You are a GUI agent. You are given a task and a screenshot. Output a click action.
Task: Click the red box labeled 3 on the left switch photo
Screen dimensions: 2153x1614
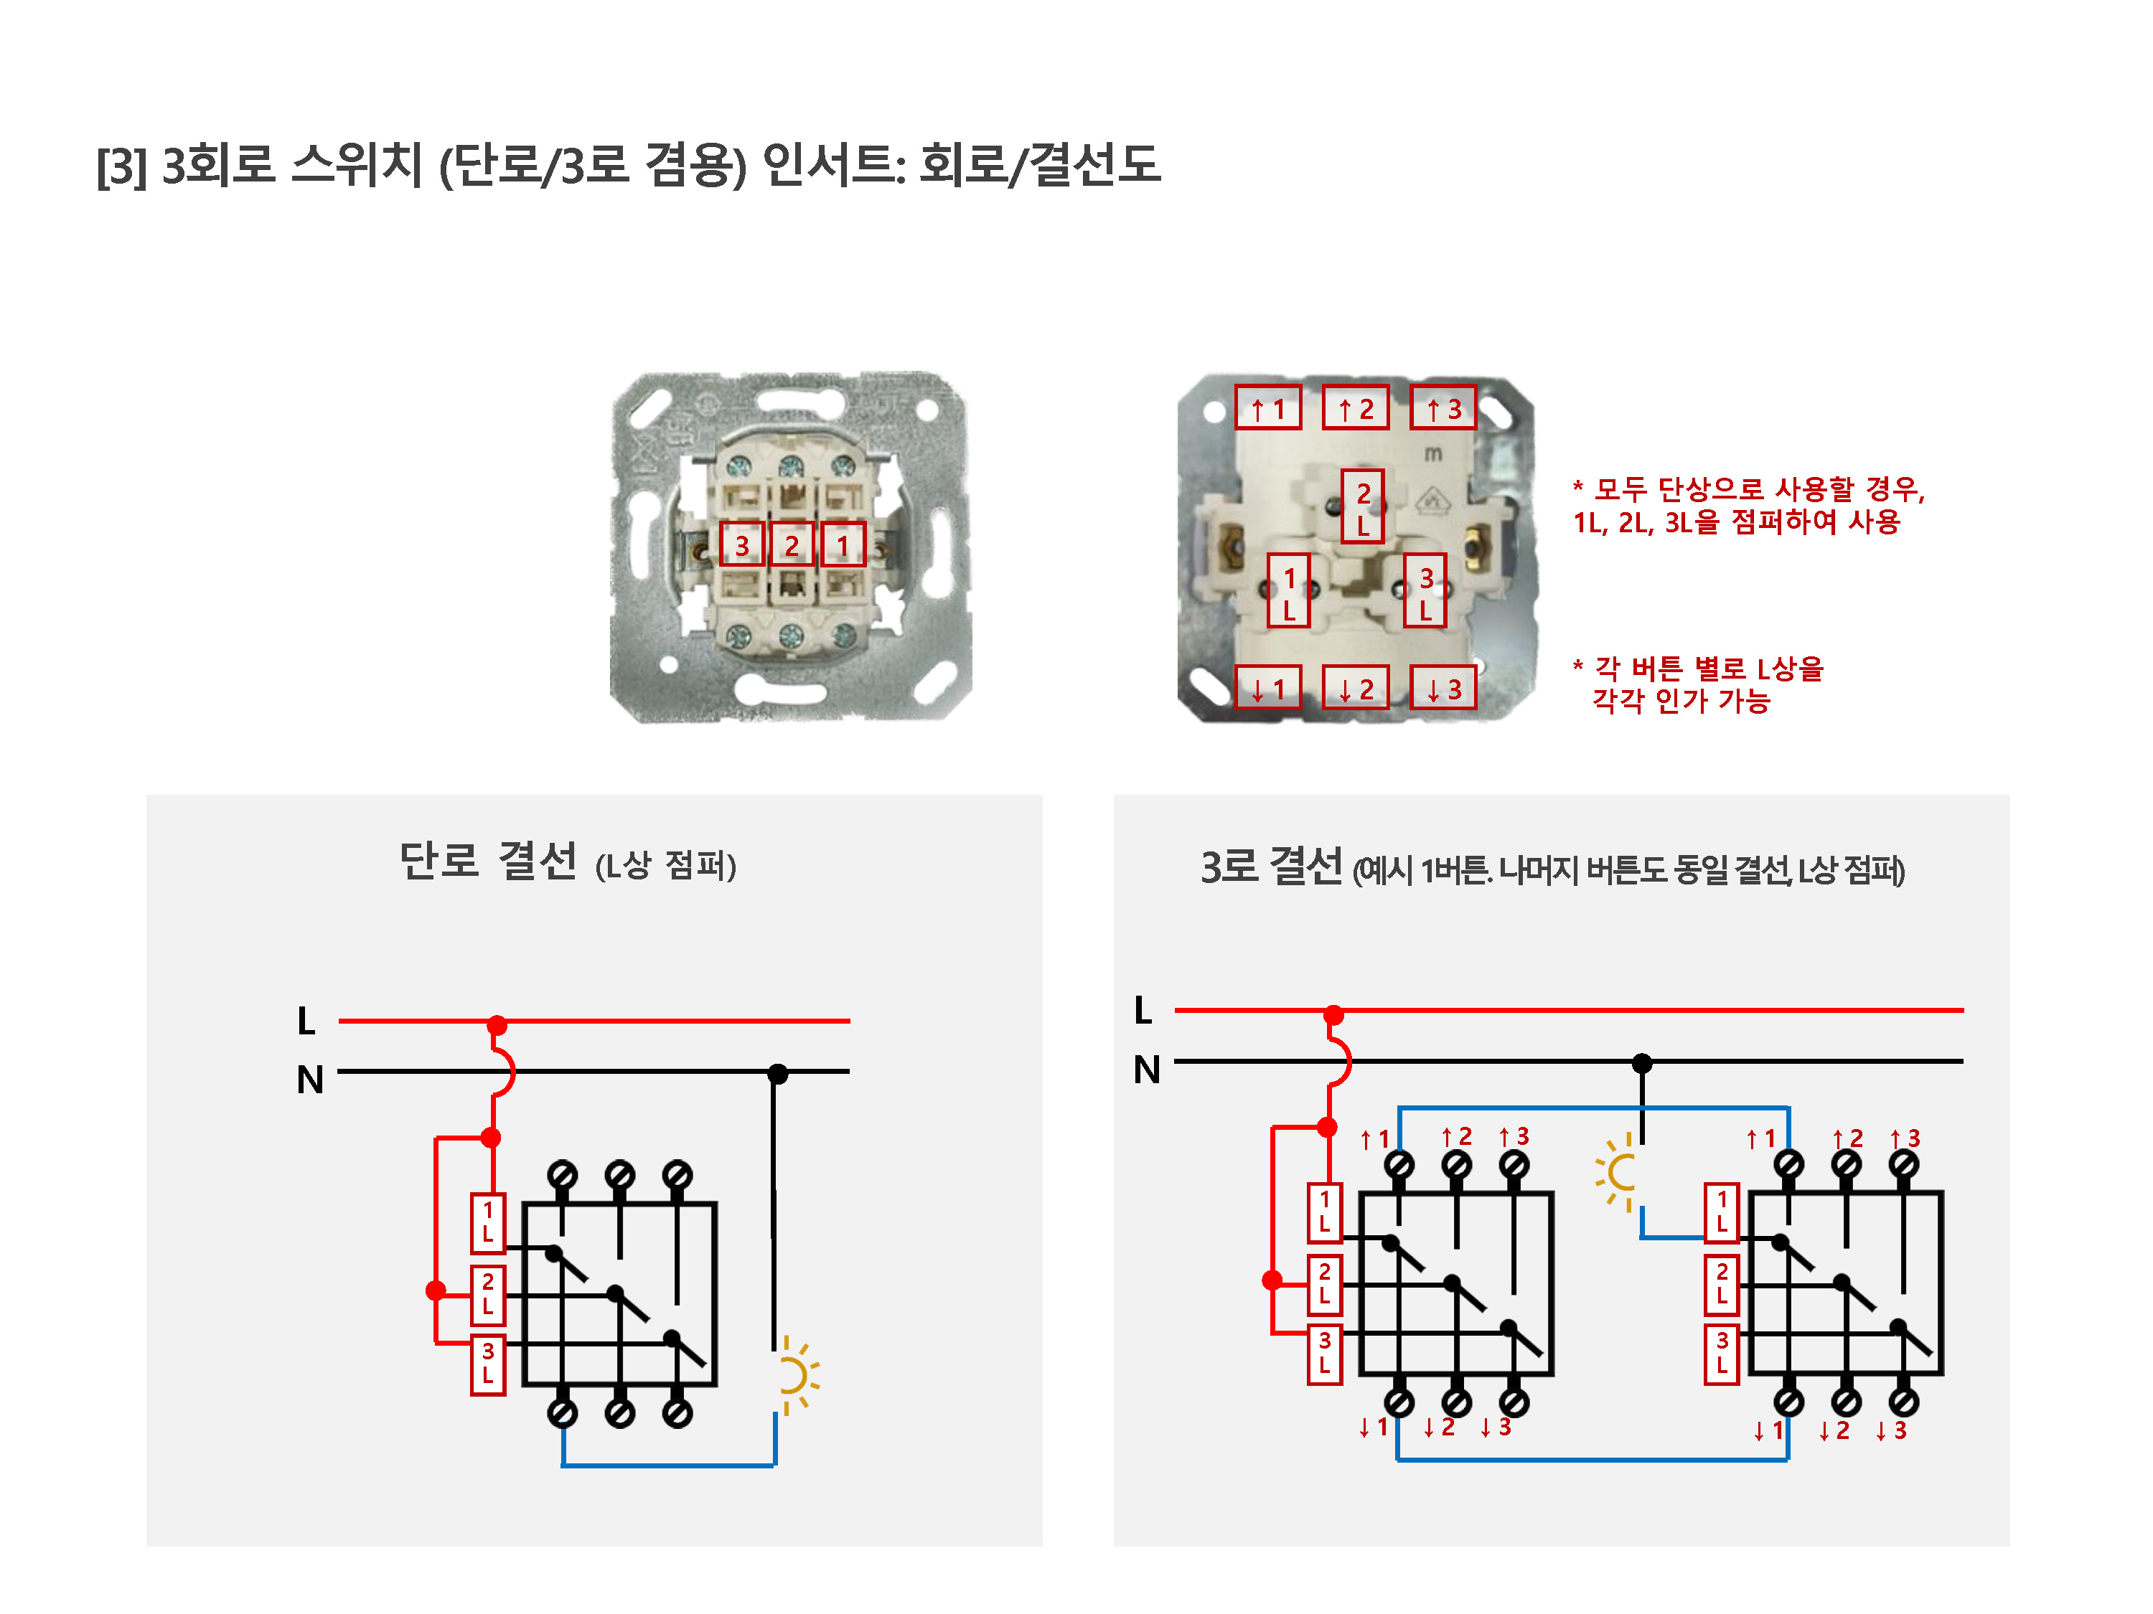(741, 544)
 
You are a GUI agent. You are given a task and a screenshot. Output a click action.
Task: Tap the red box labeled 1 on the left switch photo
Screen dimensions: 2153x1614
(843, 544)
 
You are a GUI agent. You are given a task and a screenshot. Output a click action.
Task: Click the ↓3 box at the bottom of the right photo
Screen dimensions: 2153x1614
(1443, 688)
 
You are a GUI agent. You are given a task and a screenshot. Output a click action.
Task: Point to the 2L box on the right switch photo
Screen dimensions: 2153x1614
(1363, 506)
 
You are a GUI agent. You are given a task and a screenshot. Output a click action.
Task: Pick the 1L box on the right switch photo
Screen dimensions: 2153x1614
(1289, 590)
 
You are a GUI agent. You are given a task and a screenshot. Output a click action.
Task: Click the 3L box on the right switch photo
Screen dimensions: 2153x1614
(1425, 590)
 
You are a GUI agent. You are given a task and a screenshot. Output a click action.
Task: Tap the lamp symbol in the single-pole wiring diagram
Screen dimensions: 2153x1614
(796, 1376)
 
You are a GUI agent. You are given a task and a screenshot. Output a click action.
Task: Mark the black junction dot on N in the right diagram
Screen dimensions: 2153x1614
(1642, 1063)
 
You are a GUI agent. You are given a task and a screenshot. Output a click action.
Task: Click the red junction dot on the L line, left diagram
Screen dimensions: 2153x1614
(497, 1025)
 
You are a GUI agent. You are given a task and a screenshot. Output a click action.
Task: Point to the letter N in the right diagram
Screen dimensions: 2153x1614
(1148, 1070)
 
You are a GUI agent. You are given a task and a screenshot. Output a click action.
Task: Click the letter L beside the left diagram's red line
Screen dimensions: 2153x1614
(306, 1021)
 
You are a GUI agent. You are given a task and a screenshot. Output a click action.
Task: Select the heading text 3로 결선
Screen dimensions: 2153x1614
(1271, 866)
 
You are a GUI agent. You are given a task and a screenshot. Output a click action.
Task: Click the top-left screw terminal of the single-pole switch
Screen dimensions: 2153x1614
(563, 1175)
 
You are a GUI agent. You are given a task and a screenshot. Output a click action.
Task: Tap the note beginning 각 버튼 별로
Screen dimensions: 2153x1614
(1699, 684)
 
